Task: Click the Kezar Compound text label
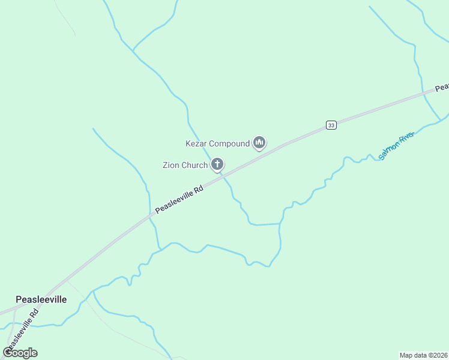(x=217, y=144)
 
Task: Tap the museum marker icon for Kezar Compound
(x=259, y=143)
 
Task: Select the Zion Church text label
(x=185, y=165)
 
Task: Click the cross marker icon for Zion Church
(x=217, y=164)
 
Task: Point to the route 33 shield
(x=331, y=125)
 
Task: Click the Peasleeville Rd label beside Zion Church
(x=179, y=199)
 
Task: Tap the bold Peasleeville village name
(x=41, y=299)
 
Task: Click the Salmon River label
(x=397, y=146)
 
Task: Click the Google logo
(x=20, y=352)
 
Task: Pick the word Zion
(x=171, y=165)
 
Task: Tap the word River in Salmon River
(x=407, y=139)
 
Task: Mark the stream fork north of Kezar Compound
(x=133, y=51)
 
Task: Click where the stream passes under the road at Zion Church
(x=221, y=175)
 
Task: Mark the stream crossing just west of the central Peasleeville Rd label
(x=150, y=214)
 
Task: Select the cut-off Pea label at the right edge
(x=442, y=88)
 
